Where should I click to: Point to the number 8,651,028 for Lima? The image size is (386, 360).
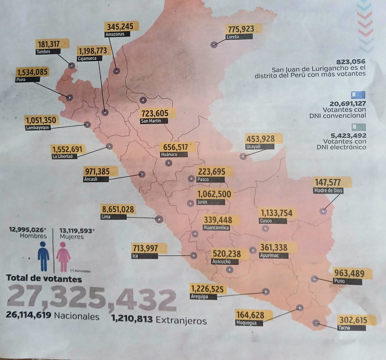tap(117, 209)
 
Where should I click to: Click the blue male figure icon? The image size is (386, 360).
tap(43, 256)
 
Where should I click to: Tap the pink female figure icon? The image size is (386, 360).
tap(63, 256)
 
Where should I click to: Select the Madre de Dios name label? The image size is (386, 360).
tap(328, 191)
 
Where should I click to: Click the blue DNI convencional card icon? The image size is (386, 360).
tap(358, 95)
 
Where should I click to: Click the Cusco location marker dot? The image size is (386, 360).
tap(265, 228)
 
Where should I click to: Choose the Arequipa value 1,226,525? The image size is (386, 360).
tap(207, 289)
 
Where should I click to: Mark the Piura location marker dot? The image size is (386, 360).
tap(69, 97)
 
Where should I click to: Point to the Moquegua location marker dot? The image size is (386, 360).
tap(299, 308)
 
